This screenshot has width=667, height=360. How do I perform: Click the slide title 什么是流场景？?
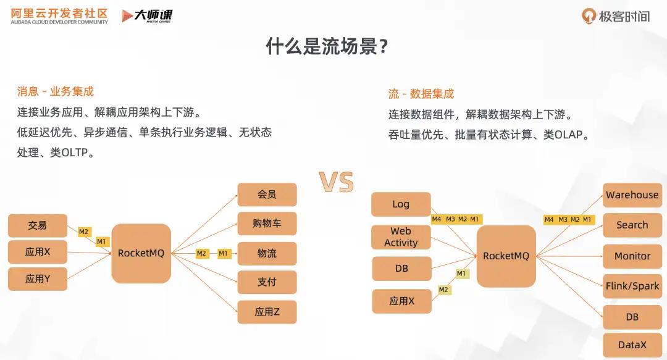pyautogui.click(x=327, y=46)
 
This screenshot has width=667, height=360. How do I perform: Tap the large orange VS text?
pyautogui.click(x=337, y=182)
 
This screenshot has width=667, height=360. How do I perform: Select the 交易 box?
pyautogui.click(x=37, y=225)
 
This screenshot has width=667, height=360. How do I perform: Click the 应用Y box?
pyautogui.click(x=37, y=279)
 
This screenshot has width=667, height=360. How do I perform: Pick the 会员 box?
pyautogui.click(x=267, y=195)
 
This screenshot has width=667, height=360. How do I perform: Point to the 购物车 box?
pyautogui.click(x=267, y=224)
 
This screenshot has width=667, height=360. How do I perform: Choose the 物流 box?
pyautogui.click(x=267, y=253)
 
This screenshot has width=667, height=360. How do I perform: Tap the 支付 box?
pyautogui.click(x=267, y=282)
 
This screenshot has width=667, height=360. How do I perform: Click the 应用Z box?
pyautogui.click(x=267, y=312)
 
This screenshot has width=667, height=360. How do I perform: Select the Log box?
pyautogui.click(x=401, y=204)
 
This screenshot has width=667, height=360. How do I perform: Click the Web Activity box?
pyautogui.click(x=401, y=237)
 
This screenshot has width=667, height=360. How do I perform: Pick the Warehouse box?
pyautogui.click(x=632, y=195)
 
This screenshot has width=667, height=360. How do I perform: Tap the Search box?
pyautogui.click(x=632, y=225)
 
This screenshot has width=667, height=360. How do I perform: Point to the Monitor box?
pyautogui.click(x=632, y=256)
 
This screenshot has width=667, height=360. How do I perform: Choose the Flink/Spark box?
pyautogui.click(x=632, y=286)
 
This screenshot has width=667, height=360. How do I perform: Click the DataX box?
pyautogui.click(x=632, y=345)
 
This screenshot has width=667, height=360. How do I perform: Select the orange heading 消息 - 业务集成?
pyautogui.click(x=56, y=92)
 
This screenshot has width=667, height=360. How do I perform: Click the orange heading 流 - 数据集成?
pyautogui.click(x=421, y=94)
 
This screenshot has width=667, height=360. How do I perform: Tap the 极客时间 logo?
pyautogui.click(x=616, y=17)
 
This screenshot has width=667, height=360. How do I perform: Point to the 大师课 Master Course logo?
pyautogui.click(x=147, y=16)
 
